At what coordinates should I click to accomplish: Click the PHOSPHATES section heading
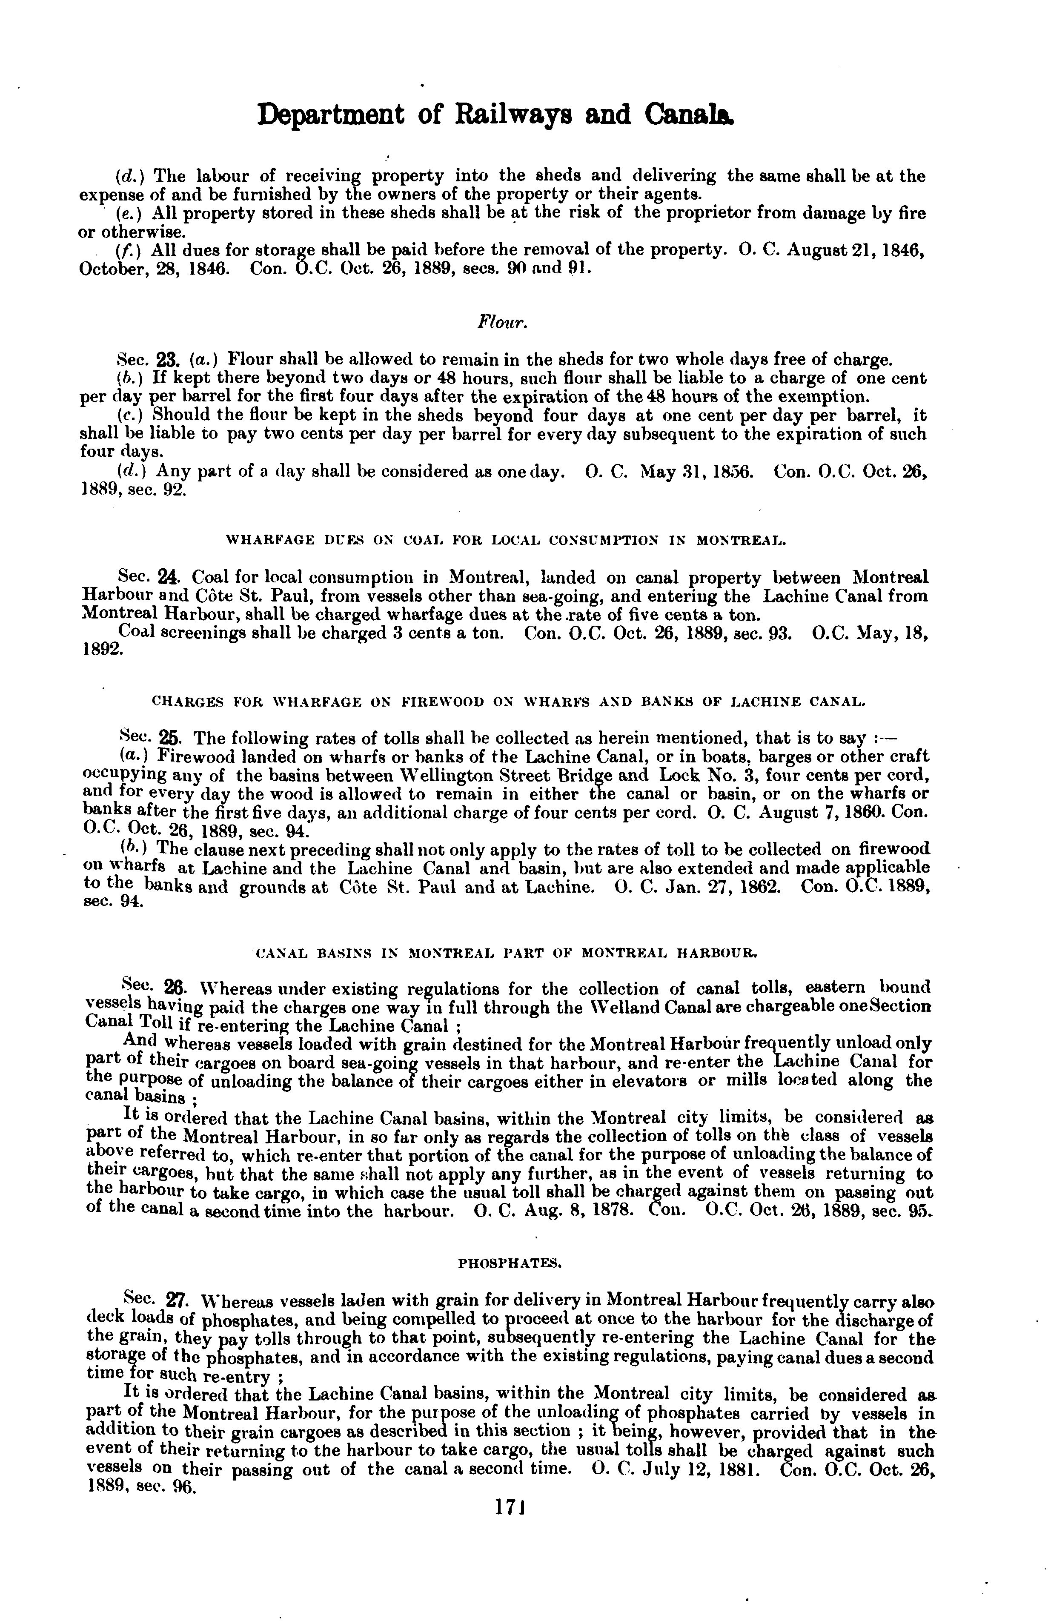(x=510, y=1263)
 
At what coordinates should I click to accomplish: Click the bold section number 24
(x=167, y=578)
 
